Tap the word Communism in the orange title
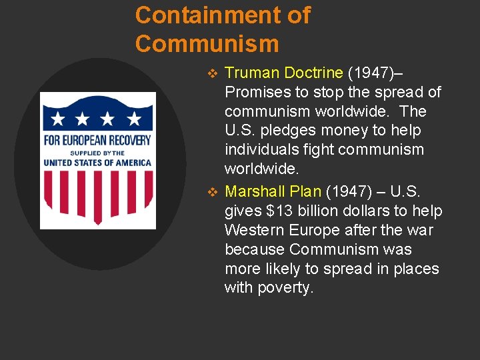coord(207,44)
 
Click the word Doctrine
coord(313,73)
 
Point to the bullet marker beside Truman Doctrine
coord(213,73)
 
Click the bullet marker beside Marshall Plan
coord(213,192)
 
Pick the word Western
coord(253,231)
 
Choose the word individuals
coord(260,150)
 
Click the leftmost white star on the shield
coord(59,119)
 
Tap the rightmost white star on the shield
coord(134,119)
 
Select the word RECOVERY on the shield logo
coord(127,141)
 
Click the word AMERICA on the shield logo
coord(133,162)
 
